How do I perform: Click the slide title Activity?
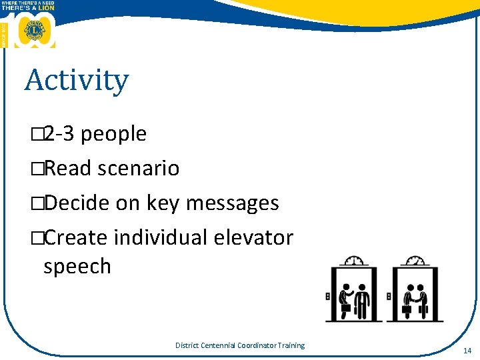click(x=76, y=81)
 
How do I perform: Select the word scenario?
click(x=138, y=169)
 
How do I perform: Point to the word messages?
click(x=232, y=203)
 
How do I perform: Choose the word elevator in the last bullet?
click(x=255, y=237)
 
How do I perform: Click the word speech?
click(x=77, y=266)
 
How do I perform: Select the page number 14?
click(x=467, y=350)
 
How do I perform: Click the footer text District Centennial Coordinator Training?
click(x=239, y=345)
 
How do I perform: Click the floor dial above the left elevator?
click(x=355, y=261)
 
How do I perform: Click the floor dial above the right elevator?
click(x=415, y=261)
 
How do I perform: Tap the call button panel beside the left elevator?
click(x=327, y=296)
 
